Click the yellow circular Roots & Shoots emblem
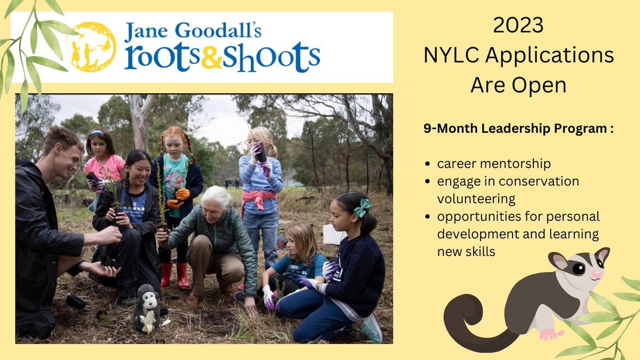click(x=92, y=47)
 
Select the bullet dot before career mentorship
click(x=429, y=164)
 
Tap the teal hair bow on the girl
click(x=363, y=207)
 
